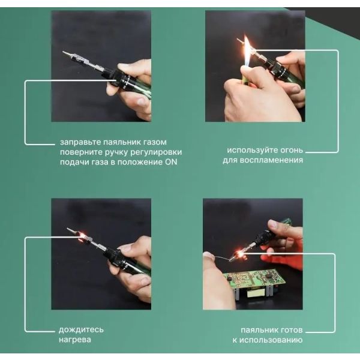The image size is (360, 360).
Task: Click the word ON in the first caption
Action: click(x=171, y=162)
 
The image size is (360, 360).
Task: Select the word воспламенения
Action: click(x=271, y=160)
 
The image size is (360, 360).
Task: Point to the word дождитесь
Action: click(x=81, y=330)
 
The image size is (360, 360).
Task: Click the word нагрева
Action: click(x=75, y=340)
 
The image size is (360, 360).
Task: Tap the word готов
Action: click(x=290, y=330)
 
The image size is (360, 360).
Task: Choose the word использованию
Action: click(x=271, y=340)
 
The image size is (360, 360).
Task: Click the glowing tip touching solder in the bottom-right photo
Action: click(x=238, y=256)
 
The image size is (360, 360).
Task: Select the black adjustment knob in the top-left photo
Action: click(x=122, y=79)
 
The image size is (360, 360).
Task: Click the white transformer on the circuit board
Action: click(x=254, y=294)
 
